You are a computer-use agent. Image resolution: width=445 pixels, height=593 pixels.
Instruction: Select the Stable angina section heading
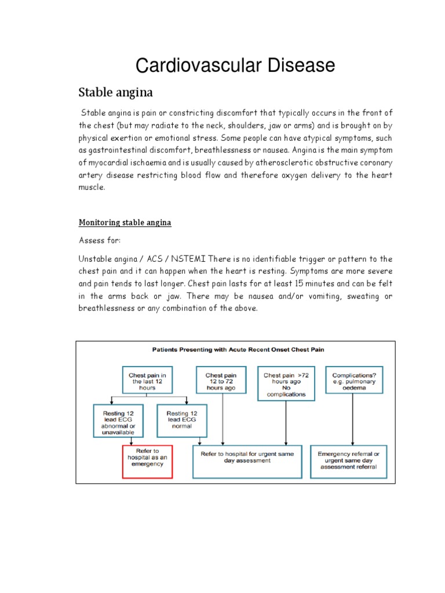click(x=115, y=92)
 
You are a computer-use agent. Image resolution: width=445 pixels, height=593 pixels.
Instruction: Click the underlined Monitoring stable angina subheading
click(x=125, y=222)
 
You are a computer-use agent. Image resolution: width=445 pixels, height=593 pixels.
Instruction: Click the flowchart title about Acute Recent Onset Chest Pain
click(x=235, y=350)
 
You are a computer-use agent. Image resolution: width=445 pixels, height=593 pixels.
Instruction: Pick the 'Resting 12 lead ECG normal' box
click(x=182, y=420)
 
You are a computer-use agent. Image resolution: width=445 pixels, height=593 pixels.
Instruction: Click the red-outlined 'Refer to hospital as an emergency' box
click(x=147, y=462)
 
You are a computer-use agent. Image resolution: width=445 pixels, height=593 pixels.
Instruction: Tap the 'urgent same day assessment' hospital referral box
click(x=247, y=461)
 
